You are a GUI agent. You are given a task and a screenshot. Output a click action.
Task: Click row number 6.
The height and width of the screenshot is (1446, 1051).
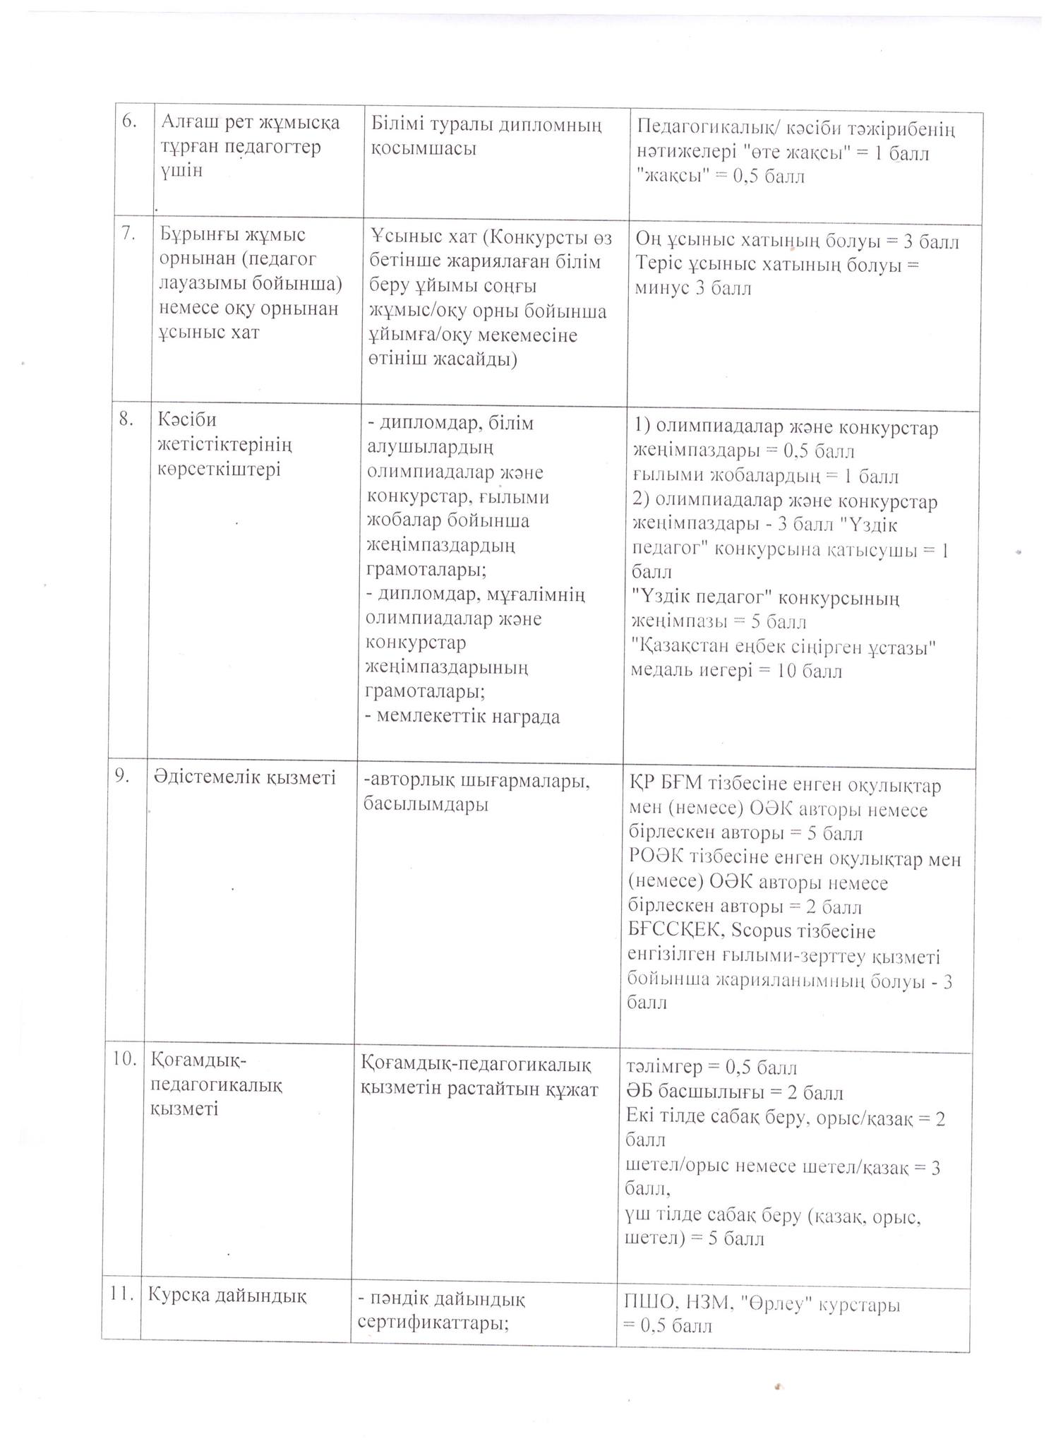click(x=128, y=121)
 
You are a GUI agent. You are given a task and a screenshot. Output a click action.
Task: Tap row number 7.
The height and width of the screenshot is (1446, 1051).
click(x=128, y=234)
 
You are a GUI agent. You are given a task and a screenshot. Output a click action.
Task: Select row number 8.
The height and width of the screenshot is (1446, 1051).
click(x=127, y=419)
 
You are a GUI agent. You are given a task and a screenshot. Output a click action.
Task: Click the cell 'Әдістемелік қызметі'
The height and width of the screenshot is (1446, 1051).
click(x=245, y=777)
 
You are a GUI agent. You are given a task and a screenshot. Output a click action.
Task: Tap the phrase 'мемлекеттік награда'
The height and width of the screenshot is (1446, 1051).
click(x=463, y=717)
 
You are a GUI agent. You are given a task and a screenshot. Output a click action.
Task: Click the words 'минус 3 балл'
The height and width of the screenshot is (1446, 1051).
click(x=693, y=288)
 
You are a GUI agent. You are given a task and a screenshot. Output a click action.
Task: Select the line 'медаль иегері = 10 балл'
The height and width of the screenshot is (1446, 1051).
click(x=736, y=671)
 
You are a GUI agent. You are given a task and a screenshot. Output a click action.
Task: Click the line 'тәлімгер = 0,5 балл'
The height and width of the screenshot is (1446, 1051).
click(x=711, y=1068)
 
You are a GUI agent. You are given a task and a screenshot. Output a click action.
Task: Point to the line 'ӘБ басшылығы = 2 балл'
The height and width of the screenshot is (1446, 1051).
click(x=734, y=1092)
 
